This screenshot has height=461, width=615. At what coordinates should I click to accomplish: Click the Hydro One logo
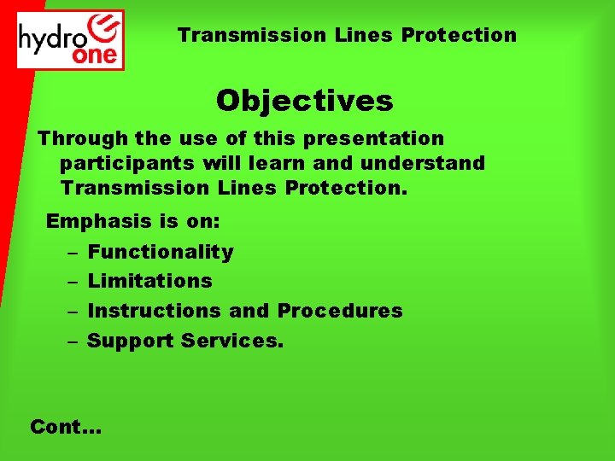(x=71, y=39)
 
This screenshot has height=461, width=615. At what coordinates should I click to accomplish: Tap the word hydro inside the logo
(x=50, y=38)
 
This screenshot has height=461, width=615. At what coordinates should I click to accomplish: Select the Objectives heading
(x=304, y=101)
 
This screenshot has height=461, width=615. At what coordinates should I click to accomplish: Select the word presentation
(x=377, y=138)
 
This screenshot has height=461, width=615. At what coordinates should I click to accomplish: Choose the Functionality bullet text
(x=161, y=252)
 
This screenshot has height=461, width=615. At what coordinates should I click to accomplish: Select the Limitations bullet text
(x=150, y=281)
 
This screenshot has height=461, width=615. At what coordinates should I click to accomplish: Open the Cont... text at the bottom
(x=66, y=426)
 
